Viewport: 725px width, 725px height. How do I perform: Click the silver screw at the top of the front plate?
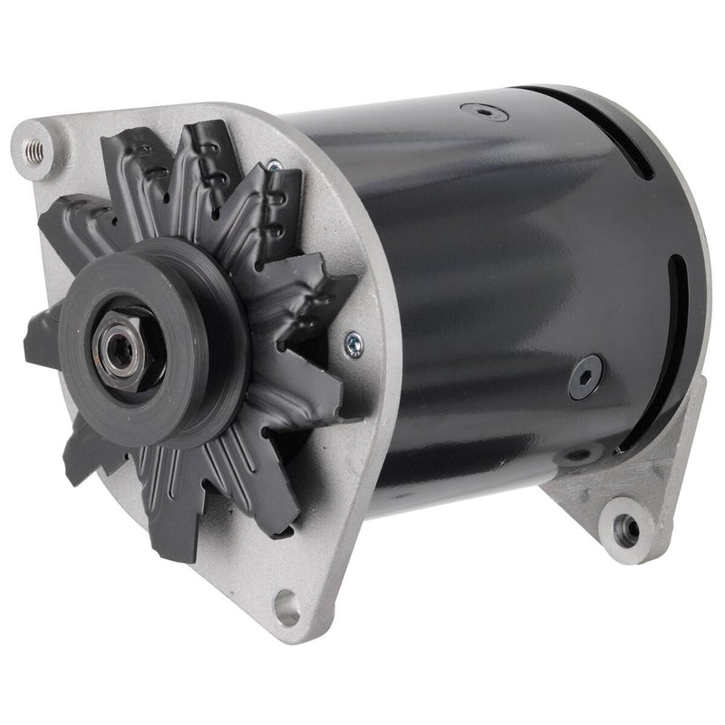pos(273,167)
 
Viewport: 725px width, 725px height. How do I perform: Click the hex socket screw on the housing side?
pos(586,377)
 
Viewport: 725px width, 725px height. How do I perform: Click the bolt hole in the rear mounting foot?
pos(623,526)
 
